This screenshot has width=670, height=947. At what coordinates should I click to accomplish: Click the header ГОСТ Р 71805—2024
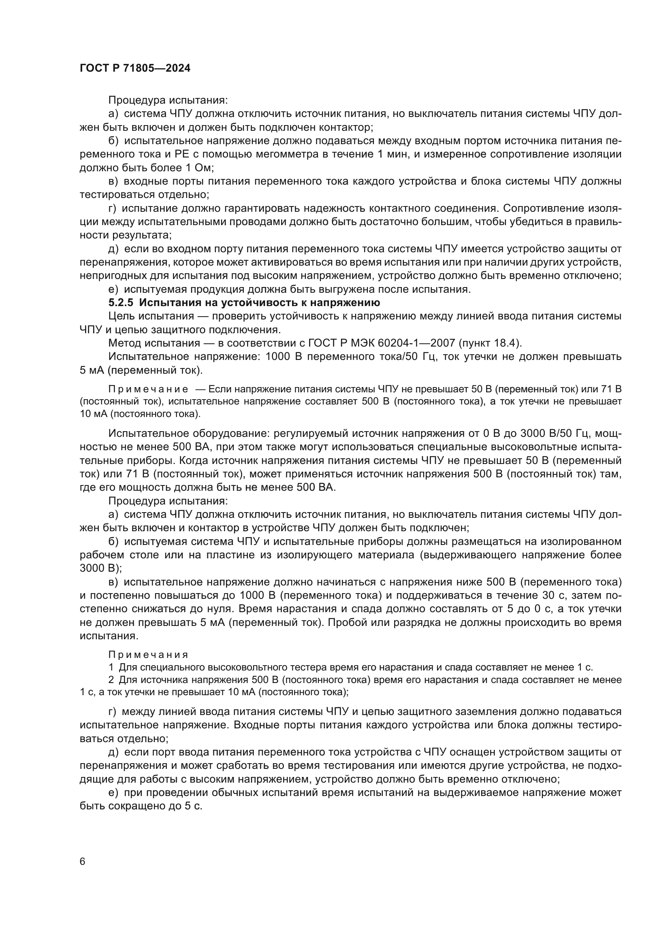(135, 68)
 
